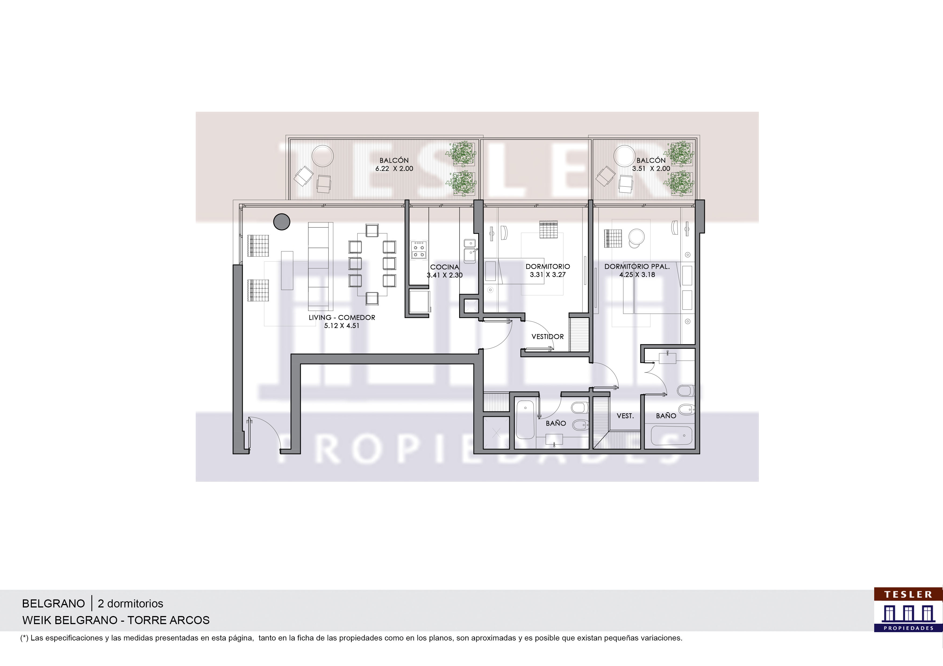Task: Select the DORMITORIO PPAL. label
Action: click(637, 267)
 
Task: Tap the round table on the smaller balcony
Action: click(624, 156)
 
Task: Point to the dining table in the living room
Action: click(372, 264)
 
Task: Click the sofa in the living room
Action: click(320, 267)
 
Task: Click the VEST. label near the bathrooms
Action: click(625, 416)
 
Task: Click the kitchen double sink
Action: click(470, 251)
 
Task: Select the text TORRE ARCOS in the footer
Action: click(168, 620)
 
